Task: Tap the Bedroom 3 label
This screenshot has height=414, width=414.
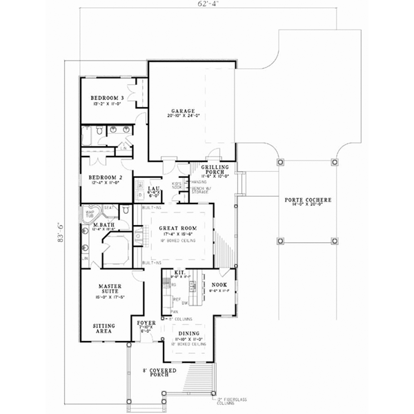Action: pyautogui.click(x=108, y=99)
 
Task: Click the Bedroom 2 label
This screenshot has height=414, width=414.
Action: pyautogui.click(x=106, y=177)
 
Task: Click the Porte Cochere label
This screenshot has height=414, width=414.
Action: pyautogui.click(x=308, y=200)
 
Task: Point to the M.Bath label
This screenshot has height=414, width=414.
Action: pyautogui.click(x=103, y=226)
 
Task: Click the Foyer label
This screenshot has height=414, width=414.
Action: pyautogui.click(x=145, y=322)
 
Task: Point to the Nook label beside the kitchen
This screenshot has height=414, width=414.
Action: pyautogui.click(x=219, y=284)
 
